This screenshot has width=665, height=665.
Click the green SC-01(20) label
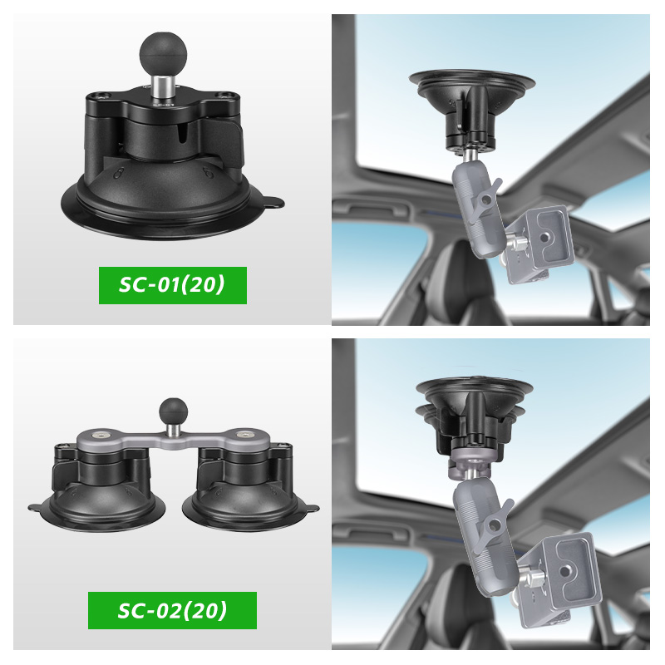pyautogui.click(x=173, y=285)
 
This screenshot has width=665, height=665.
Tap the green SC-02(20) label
pyautogui.click(x=172, y=610)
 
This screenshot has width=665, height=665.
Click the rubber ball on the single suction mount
pyautogui.click(x=163, y=55)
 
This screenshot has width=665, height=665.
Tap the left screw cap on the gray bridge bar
pyautogui.click(x=101, y=435)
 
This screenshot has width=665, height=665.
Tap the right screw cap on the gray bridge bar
pyautogui.click(x=244, y=435)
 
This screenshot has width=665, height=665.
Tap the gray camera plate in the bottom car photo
pyautogui.click(x=557, y=579)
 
